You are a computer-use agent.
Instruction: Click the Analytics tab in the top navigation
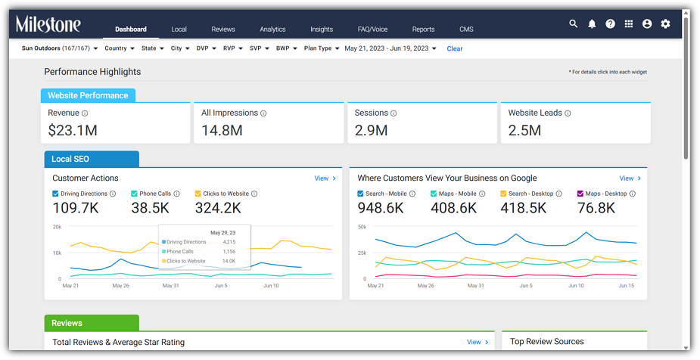click(x=272, y=29)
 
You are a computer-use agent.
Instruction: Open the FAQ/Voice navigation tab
click(x=372, y=29)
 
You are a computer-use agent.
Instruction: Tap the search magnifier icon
click(x=573, y=23)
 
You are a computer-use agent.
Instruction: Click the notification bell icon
click(x=592, y=23)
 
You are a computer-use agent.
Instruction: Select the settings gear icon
click(x=665, y=23)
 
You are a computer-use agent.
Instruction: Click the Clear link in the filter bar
click(x=455, y=48)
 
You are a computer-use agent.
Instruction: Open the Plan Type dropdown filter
click(x=322, y=48)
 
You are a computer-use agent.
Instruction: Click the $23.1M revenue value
click(x=73, y=130)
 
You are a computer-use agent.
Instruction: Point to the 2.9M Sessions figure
click(x=371, y=130)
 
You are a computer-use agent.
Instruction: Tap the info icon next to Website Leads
click(x=568, y=113)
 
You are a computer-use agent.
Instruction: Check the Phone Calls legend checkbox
click(x=134, y=194)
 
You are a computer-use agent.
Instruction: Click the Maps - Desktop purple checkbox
click(x=580, y=194)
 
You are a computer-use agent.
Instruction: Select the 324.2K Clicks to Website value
click(x=218, y=208)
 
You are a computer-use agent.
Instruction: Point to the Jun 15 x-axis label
click(x=627, y=285)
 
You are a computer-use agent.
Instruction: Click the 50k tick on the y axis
click(x=362, y=227)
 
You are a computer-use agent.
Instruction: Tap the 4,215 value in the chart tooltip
click(x=229, y=242)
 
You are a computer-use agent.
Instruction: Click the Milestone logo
click(x=48, y=24)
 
